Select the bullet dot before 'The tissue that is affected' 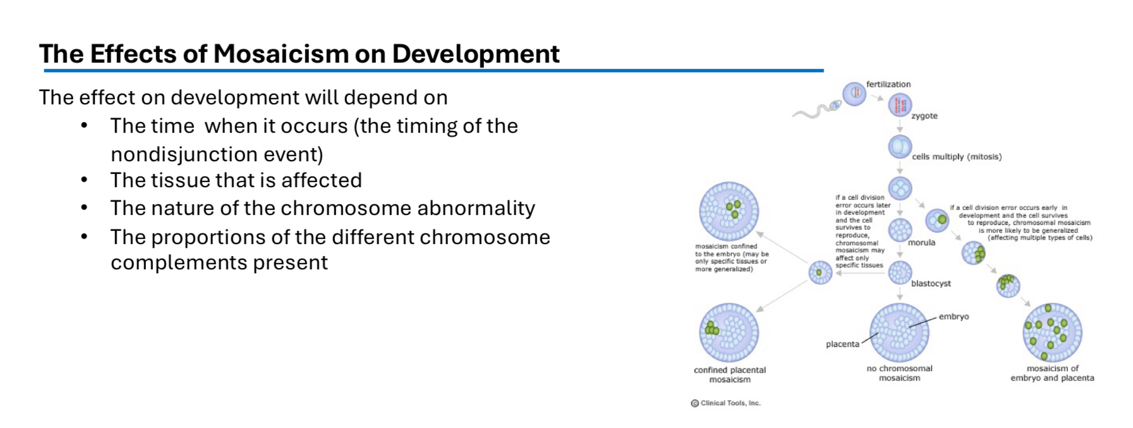[x=85, y=181]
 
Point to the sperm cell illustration [x=816, y=111]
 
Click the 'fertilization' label [x=888, y=84]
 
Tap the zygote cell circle [x=900, y=105]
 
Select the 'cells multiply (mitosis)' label [x=956, y=157]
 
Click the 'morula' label [x=921, y=243]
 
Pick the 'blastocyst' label [x=930, y=284]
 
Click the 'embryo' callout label [x=954, y=317]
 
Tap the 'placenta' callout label [x=842, y=345]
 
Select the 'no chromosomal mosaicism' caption [x=899, y=373]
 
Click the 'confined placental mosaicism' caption [x=729, y=375]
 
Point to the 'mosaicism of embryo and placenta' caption [x=1051, y=373]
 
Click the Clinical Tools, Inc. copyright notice [x=726, y=403]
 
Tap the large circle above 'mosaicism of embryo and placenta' [x=1051, y=333]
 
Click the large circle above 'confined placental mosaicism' [x=729, y=333]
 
